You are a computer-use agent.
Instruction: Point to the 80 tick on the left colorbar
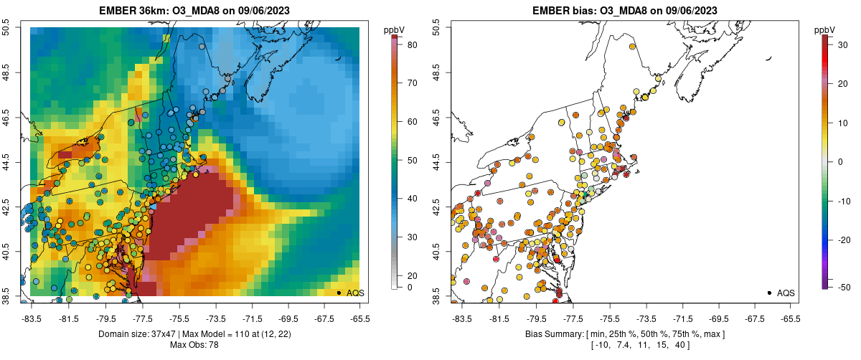tap(404, 44)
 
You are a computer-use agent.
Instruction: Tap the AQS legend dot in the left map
tap(339, 293)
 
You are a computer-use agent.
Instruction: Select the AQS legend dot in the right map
tap(769, 293)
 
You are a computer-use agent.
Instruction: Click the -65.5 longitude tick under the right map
tap(789, 318)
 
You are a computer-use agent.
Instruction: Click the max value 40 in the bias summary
tap(682, 345)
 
